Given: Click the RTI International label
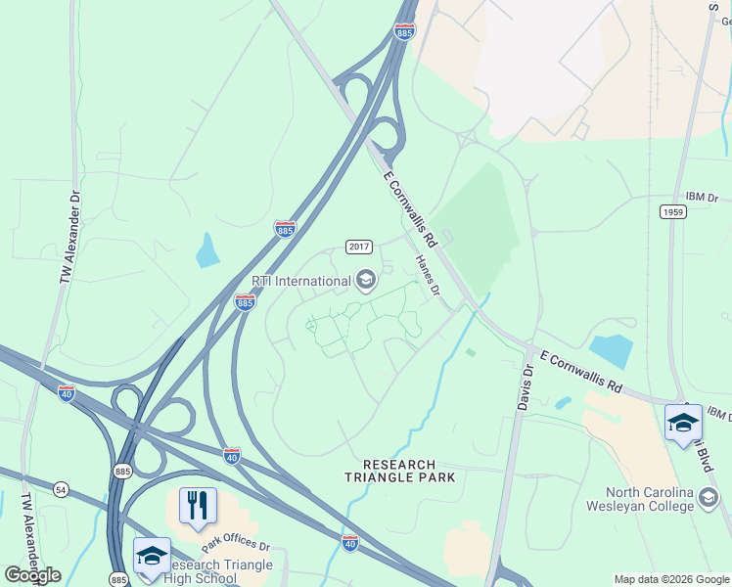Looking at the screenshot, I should click(x=300, y=282).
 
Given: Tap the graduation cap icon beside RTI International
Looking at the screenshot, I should click(x=365, y=282).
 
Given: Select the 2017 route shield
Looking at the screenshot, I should click(x=358, y=247).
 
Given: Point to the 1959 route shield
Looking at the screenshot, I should click(x=672, y=211).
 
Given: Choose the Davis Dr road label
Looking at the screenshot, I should click(x=527, y=380).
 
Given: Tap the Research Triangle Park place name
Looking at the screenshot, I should click(x=409, y=471).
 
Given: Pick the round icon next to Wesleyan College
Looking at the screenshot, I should click(x=708, y=500).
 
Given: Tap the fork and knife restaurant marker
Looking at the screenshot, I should click(x=198, y=506).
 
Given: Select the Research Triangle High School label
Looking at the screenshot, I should click(x=203, y=571).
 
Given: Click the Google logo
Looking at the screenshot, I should click(x=32, y=575).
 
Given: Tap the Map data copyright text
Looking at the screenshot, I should click(x=670, y=579).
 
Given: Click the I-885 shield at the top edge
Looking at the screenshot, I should click(x=404, y=31).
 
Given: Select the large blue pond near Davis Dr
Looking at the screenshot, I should click(x=612, y=350).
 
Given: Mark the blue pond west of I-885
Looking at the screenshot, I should click(x=207, y=251).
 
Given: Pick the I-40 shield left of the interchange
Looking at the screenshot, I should click(x=66, y=393).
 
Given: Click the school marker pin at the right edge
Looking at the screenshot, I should click(x=682, y=423).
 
